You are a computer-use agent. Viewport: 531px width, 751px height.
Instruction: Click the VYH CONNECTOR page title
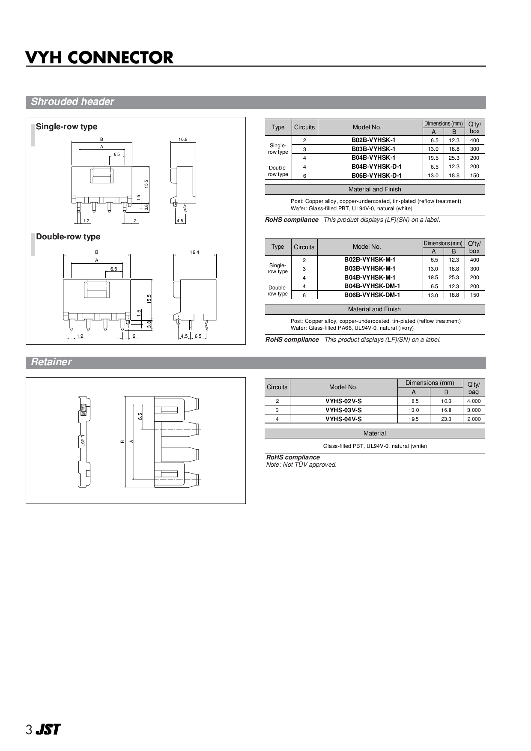(99, 58)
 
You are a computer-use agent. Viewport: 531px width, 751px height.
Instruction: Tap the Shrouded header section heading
(72, 102)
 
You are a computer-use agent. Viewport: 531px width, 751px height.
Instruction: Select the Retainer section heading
(51, 362)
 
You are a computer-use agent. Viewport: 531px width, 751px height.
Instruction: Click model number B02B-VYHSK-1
(373, 140)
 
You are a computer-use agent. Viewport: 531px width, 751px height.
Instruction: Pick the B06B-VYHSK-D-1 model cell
(376, 176)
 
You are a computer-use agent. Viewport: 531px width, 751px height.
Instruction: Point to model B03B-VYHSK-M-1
(370, 268)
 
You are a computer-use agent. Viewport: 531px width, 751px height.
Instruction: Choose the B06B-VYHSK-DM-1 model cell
(372, 295)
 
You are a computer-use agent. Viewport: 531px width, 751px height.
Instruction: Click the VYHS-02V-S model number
(343, 401)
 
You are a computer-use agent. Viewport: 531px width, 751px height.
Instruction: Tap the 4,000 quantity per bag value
(474, 401)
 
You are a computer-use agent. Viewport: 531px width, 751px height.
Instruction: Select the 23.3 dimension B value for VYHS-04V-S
(446, 419)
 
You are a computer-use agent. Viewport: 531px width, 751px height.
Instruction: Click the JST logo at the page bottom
(48, 730)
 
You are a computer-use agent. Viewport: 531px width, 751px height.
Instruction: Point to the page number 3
(29, 730)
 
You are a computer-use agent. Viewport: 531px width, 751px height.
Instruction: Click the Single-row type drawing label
(66, 127)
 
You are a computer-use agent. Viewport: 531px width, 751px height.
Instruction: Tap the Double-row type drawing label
(68, 237)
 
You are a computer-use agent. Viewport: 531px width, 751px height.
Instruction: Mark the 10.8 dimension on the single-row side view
(183, 140)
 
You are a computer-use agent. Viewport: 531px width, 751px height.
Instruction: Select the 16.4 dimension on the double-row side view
(194, 252)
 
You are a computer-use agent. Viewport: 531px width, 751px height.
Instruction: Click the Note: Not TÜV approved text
(301, 465)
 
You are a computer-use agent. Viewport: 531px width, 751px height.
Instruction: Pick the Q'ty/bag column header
(474, 388)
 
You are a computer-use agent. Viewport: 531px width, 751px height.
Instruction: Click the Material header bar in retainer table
(374, 433)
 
